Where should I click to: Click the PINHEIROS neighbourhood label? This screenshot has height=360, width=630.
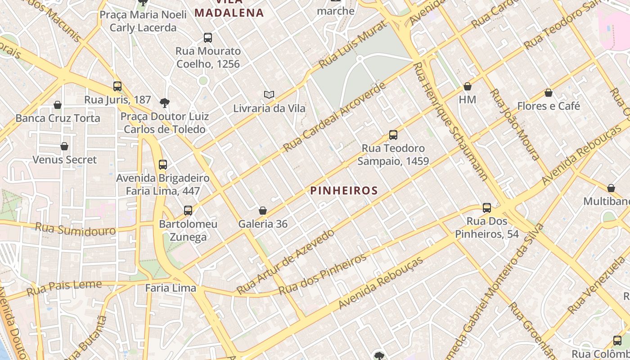coord(344,190)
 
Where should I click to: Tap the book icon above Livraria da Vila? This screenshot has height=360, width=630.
coord(269,95)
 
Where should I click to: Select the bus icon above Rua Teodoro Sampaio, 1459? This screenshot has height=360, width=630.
coord(393,135)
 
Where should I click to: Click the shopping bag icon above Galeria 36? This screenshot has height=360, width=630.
coord(263,211)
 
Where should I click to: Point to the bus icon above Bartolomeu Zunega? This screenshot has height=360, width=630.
coord(188,210)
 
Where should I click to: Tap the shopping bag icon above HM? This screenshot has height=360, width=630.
coord(468,86)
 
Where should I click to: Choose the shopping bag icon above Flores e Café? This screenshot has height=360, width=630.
coord(549,93)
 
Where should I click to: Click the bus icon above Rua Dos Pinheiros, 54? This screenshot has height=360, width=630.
coord(487,207)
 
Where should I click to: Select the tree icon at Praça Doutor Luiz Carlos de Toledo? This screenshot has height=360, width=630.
coord(165,103)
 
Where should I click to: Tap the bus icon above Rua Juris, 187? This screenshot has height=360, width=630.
coord(117,86)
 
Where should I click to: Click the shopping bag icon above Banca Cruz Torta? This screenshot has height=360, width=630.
coord(58,105)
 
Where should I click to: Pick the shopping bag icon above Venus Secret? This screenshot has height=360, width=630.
coord(64,146)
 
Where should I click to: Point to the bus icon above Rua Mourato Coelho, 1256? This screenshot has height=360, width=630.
coord(208,37)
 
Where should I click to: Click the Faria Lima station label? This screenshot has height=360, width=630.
coord(171,288)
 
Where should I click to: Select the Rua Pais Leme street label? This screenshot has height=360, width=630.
coord(64,288)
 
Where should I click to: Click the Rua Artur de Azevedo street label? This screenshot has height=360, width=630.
coord(286,261)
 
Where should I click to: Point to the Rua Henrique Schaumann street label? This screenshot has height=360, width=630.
coord(450,121)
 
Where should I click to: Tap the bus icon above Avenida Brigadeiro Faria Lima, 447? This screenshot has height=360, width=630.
coord(163,164)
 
